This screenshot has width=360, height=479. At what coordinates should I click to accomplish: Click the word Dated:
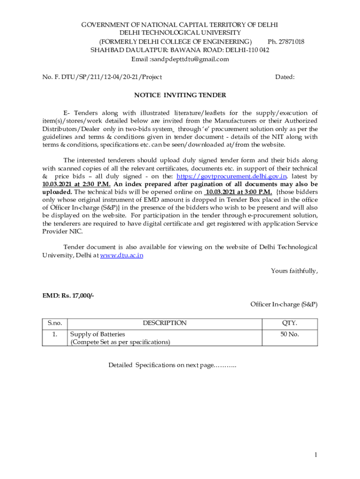click(285, 77)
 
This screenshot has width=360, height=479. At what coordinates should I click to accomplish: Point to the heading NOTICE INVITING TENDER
click(180, 95)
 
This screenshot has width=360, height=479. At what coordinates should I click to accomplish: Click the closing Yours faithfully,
click(294, 270)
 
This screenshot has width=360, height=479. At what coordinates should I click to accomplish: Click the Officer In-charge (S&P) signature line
click(284, 304)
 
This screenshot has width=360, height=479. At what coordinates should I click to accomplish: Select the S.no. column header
click(55, 323)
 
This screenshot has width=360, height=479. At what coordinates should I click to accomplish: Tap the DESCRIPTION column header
click(165, 323)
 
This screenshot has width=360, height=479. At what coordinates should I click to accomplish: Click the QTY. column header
click(289, 323)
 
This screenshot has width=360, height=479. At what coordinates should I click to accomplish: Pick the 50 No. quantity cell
click(289, 334)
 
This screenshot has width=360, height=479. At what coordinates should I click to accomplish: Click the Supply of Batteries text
click(98, 334)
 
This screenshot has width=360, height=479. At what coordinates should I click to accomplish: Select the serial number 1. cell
click(55, 334)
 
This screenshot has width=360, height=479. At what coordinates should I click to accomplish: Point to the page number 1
click(316, 455)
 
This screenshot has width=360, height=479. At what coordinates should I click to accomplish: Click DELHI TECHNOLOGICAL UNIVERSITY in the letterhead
click(180, 33)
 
